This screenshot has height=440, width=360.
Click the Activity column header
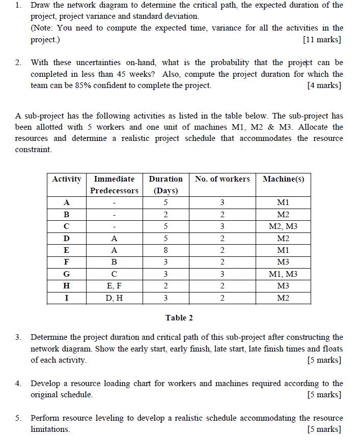coord(67,179)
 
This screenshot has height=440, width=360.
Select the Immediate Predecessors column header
coord(114,185)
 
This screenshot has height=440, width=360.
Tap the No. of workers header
coord(222,179)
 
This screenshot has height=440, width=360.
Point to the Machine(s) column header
coord(283,179)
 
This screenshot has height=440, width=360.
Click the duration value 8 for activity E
coord(165,250)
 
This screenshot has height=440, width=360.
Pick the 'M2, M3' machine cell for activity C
coord(283,226)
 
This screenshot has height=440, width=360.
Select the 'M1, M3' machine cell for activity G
coord(283,274)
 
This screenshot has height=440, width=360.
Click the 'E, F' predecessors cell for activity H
coord(114,286)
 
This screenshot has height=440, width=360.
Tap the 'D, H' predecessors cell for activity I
coord(114,298)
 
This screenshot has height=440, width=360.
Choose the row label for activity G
coord(67,274)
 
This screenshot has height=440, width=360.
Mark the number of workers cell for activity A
coord(222,202)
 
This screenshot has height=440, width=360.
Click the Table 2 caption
coord(179,318)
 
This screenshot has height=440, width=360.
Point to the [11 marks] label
coord(322,40)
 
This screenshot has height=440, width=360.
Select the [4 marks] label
coord(324,85)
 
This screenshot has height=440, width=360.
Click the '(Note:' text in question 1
coord(42,28)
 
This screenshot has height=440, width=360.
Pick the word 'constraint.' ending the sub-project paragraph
coord(33,150)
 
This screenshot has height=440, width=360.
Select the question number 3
coord(18,337)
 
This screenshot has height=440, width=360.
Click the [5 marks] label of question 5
coord(324,429)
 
